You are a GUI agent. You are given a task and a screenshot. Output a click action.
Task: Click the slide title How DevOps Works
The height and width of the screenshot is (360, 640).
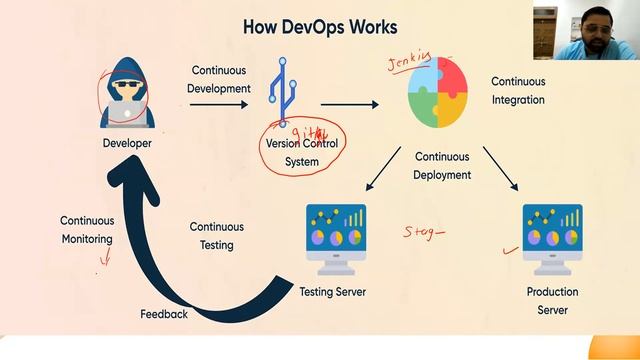pos(320,26)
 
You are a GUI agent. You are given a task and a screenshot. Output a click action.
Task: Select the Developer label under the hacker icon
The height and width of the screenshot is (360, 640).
pos(127,144)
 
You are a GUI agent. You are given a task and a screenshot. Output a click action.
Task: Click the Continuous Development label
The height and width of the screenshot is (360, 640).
pos(220,79)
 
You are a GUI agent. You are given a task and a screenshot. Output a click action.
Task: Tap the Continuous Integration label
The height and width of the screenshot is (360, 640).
pos(518,90)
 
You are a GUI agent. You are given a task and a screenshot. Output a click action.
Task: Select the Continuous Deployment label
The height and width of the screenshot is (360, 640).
pos(442,166)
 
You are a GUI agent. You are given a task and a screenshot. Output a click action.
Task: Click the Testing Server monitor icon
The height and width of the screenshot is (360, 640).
pos(335,239)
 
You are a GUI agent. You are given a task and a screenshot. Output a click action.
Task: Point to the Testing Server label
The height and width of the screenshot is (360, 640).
pos(333,292)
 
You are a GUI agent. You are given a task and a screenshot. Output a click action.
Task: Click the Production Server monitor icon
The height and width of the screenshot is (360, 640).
pos(552,239)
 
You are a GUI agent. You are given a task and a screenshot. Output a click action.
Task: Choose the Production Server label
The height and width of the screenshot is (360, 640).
pos(552,301)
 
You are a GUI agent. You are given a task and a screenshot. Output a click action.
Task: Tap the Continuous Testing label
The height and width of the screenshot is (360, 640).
pos(216,236)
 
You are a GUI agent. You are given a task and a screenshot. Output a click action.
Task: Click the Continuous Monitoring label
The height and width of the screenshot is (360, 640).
pos(87,230)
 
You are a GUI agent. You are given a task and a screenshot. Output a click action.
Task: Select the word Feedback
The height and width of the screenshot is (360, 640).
pos(164,314)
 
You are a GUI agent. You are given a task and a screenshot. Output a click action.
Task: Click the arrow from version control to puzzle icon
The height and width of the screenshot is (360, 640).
pos(350,103)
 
